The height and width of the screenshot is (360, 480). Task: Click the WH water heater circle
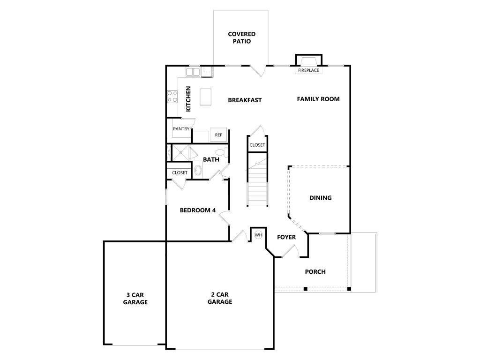pos(259,235)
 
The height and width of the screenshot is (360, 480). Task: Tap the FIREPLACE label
pos(308,70)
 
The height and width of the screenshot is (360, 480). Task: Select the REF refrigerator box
pos(218,135)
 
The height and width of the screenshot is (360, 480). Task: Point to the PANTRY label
pos(181,129)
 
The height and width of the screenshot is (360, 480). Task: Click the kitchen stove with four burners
pos(172,96)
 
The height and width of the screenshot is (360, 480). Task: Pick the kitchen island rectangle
pos(206,97)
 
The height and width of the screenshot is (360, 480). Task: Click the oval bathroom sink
pos(198,170)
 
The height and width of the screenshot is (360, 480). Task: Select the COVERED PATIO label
pos(241,37)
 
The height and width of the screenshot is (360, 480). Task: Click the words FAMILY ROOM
pos(318,99)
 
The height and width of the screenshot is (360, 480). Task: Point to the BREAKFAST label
pos(245,100)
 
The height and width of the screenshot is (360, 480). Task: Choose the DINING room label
pos(321,198)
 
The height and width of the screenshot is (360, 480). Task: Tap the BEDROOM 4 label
pos(198,210)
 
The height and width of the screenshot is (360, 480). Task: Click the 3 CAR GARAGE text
pos(135,299)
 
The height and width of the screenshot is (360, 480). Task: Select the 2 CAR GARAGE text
pos(220,298)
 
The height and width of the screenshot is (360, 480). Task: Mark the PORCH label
pos(315,272)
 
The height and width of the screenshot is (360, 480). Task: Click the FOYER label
pos(286,237)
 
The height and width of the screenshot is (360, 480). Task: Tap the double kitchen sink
pos(193,72)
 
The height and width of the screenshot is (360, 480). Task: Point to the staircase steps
pos(257,180)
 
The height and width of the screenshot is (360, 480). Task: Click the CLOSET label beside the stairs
pos(257,145)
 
